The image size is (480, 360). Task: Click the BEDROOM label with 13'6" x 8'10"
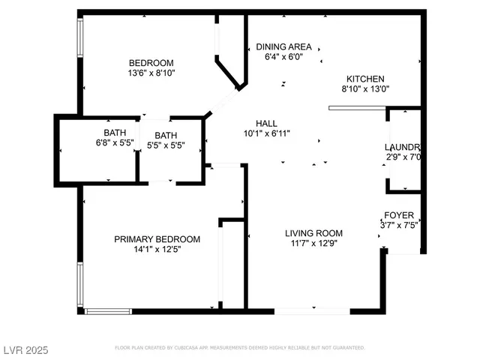pos(151,62)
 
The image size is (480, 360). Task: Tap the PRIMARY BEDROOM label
pos(157,239)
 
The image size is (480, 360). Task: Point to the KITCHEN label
pos(365,79)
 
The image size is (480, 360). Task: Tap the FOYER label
pos(399,215)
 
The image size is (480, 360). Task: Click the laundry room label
pos(402,147)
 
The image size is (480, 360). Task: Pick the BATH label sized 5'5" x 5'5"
pos(166,136)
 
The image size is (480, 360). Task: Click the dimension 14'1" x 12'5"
pos(157,249)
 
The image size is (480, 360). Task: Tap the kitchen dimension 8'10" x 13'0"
pos(365,88)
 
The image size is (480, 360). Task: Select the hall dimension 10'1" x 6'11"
pos(266,133)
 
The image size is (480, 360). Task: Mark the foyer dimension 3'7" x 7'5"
pos(400,224)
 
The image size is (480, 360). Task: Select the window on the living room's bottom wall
pos(313,310)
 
